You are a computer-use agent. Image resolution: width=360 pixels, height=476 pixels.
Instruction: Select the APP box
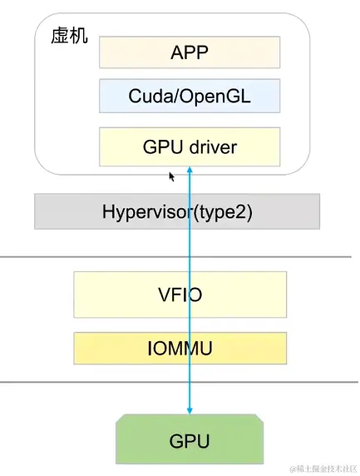[190, 52]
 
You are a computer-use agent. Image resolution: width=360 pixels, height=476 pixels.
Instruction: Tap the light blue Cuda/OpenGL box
[190, 97]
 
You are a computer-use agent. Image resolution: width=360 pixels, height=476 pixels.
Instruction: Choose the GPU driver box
[190, 146]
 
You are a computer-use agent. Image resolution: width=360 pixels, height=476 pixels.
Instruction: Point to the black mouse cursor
[172, 176]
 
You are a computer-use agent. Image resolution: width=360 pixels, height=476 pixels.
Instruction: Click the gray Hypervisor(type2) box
[176, 211]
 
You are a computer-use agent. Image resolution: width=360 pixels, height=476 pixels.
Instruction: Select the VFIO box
[180, 294]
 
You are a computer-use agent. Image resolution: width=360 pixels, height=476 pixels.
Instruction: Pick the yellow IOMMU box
[180, 349]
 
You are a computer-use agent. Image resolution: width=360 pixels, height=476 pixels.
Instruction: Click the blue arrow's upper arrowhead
[190, 170]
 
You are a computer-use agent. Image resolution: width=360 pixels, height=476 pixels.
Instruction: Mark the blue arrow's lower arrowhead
[190, 410]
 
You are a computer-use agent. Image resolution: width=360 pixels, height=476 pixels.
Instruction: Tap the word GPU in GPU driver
[162, 147]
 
